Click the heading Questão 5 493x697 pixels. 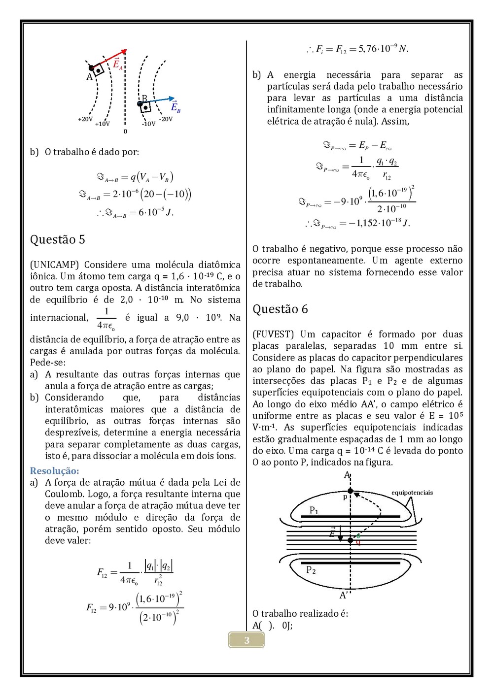[58, 240]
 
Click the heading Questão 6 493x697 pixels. [280, 309]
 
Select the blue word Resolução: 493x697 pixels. [54, 471]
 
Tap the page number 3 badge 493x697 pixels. [246, 640]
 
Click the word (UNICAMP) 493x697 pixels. [54, 265]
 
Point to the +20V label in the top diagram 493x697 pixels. [85, 119]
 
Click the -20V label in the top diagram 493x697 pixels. [166, 119]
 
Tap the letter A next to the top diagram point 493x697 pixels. [89, 77]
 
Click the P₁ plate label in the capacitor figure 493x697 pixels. [314, 510]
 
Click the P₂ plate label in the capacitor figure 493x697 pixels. [311, 570]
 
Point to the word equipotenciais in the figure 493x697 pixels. [412, 493]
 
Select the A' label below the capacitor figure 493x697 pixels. [344, 595]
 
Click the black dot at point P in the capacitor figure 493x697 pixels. [351, 491]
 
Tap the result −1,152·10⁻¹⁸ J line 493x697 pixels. [357, 223]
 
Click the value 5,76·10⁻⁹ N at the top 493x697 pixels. [357, 49]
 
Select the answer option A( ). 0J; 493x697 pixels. [272, 626]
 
